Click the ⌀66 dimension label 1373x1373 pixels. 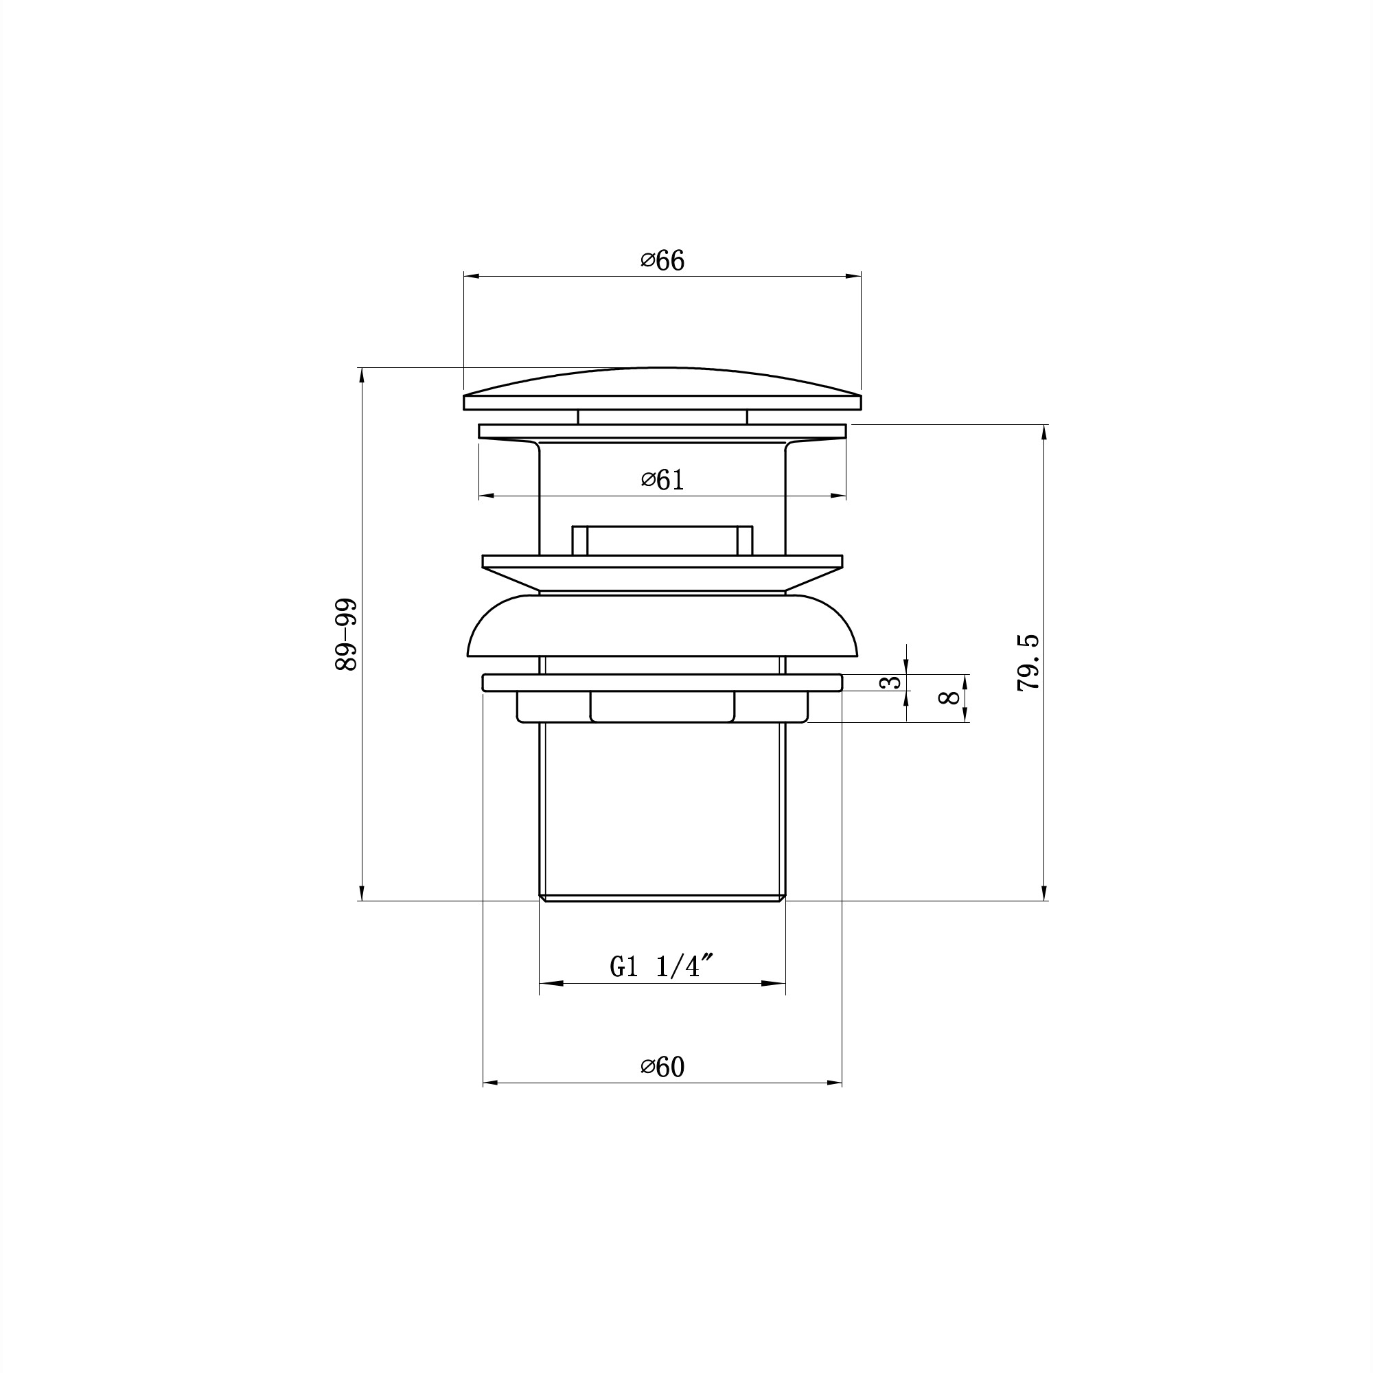coord(662,261)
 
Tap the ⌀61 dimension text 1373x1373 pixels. coord(662,481)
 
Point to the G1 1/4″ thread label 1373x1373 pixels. coord(662,967)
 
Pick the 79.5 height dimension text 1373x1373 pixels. coord(1028,663)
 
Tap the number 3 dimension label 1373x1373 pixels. coord(891,682)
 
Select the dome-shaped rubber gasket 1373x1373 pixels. coord(662,625)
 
